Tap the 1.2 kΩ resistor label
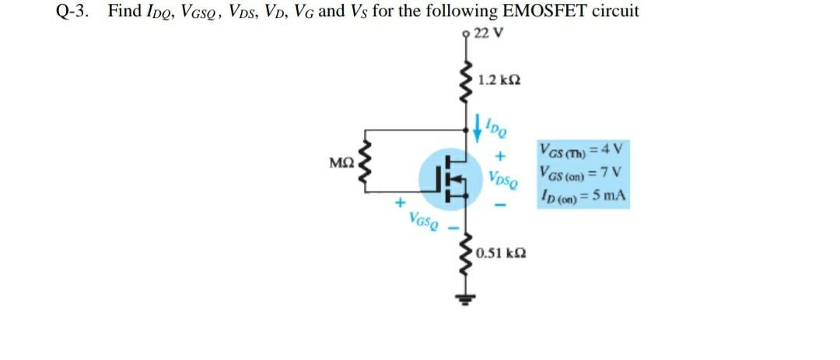coord(499,79)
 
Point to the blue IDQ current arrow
coord(475,124)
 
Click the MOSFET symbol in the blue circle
coord(447,179)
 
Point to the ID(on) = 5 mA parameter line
coord(582,195)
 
